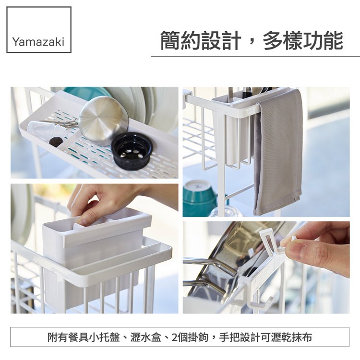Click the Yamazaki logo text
38,42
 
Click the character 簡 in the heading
170,41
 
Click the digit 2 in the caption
174,337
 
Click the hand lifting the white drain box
108,202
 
